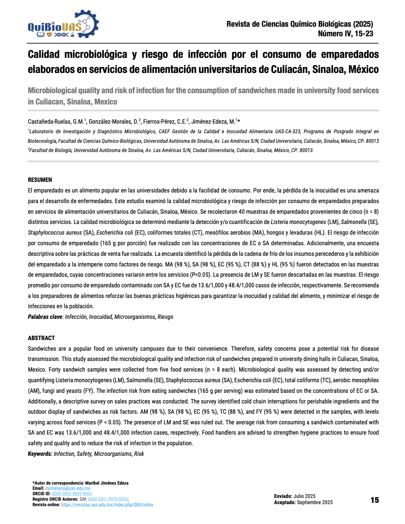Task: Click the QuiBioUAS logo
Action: [63, 25]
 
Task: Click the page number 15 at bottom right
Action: [375, 500]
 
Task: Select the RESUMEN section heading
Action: [40, 180]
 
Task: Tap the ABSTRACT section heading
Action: [41, 338]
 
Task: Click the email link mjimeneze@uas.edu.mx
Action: [67, 488]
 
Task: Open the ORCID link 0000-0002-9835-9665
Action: [72, 494]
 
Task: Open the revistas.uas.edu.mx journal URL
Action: [107, 505]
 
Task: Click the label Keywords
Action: [40, 454]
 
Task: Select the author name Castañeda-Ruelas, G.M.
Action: [56, 122]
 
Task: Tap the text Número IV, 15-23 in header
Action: [345, 34]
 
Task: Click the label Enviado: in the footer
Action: [283, 496]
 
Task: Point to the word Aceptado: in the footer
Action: [285, 502]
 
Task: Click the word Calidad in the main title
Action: [44, 54]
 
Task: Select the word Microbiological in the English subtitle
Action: [52, 90]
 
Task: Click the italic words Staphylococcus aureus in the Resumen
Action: [54, 233]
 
